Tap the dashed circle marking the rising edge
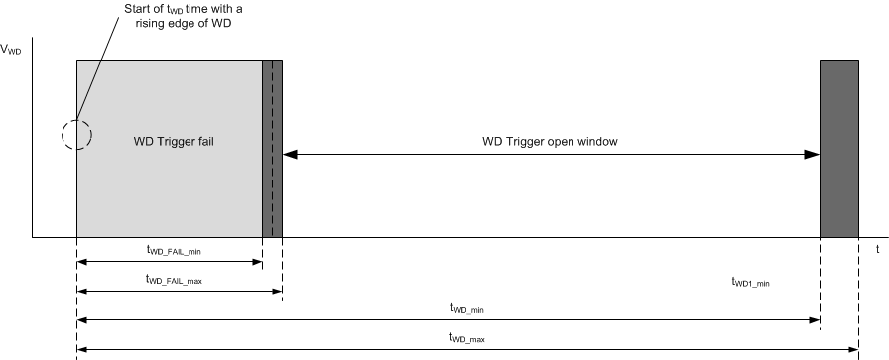tap(76, 133)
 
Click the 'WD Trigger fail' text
tap(175, 142)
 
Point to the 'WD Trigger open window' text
tap(550, 141)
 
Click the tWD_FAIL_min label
tap(174, 252)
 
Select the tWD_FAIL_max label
tap(174, 281)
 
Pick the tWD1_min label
tap(749, 282)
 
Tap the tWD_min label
tap(466, 309)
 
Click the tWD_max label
tap(466, 338)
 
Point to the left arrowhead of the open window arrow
tap(289, 154)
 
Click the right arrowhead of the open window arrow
tap(813, 154)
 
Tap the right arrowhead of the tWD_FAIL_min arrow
tap(257, 263)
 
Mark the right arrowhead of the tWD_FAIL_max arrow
tap(277, 292)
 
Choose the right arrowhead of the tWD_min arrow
tap(814, 320)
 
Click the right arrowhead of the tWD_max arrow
tap(852, 349)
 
